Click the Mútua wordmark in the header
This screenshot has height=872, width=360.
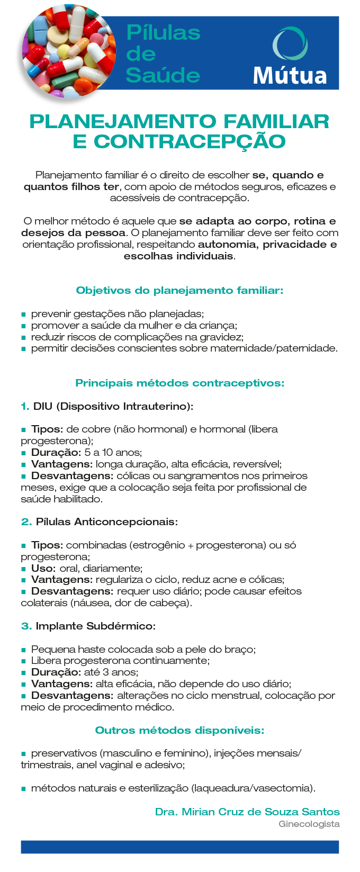(x=290, y=75)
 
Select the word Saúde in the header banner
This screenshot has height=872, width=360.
(x=163, y=75)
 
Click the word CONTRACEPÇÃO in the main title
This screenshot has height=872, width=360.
(x=190, y=142)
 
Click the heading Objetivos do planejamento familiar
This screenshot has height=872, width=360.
(x=179, y=290)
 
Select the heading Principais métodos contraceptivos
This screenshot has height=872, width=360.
(x=179, y=383)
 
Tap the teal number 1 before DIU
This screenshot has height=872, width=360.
(x=24, y=407)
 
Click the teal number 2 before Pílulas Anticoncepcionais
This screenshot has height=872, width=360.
(x=26, y=522)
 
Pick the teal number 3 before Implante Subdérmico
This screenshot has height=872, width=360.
(x=26, y=626)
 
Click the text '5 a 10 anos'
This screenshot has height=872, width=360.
(x=113, y=453)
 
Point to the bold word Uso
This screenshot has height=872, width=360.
(x=43, y=569)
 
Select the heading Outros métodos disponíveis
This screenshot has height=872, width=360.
(x=179, y=731)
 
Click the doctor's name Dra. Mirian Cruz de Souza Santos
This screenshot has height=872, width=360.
(x=247, y=812)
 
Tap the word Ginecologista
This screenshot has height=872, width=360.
(x=309, y=824)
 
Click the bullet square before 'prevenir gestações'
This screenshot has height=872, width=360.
(x=23, y=314)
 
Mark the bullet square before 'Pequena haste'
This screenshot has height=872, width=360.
(x=23, y=650)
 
